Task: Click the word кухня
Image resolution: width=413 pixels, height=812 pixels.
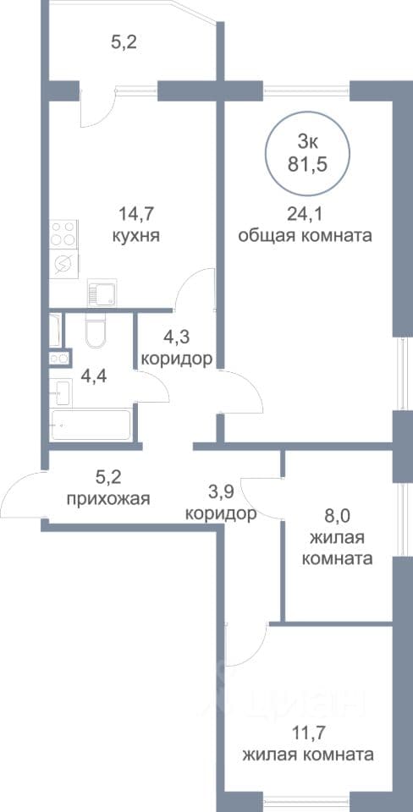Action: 135,236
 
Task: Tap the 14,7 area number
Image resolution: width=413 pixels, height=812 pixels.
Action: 135,213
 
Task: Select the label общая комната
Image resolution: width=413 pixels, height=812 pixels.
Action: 306,236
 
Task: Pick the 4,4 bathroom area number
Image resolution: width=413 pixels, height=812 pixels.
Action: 94,376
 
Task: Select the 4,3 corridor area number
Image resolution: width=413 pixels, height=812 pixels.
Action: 176,337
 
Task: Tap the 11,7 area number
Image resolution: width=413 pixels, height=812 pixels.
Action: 308,732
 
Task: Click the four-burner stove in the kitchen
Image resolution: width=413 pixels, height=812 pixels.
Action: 64,234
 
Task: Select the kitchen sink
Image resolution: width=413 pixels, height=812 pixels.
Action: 102,293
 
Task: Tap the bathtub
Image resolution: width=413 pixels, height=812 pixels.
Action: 91,425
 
